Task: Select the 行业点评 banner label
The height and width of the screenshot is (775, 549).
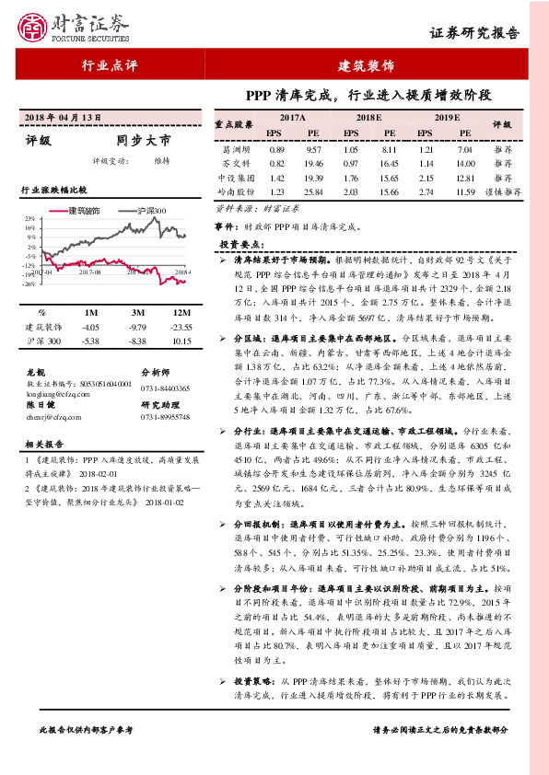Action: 109,66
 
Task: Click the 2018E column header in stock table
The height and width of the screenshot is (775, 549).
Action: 368,119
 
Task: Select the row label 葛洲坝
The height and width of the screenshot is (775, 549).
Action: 236,148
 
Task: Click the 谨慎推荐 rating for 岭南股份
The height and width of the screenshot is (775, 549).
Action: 503,191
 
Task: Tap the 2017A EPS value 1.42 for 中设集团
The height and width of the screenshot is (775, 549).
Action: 276,176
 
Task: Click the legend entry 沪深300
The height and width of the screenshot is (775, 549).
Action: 151,211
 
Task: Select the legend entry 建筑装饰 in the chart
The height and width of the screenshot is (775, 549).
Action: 90,211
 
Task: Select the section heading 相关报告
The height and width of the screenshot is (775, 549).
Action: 43,443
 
